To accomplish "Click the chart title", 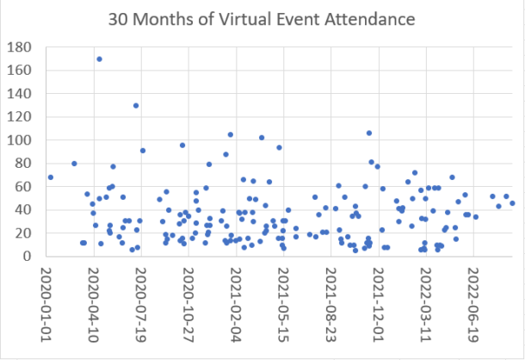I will coord(262,18).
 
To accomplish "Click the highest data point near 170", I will coord(99,59).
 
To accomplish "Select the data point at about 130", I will coord(136,105).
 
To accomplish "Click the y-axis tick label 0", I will coord(30,257).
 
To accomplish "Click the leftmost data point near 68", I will coord(51,177).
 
